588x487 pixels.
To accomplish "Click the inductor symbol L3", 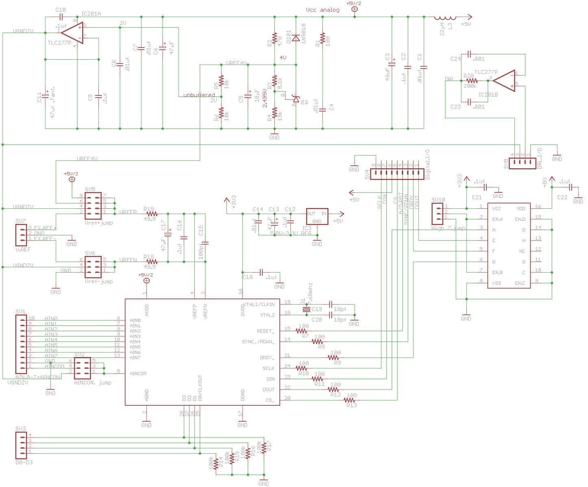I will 445,18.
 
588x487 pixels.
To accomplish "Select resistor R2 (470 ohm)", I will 275,39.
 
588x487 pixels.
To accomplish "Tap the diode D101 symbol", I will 296,38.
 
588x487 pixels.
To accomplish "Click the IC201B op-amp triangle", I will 504,80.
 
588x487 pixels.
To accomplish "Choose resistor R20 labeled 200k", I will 472,80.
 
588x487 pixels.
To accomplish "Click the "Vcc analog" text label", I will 322,10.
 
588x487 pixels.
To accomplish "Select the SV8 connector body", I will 522,163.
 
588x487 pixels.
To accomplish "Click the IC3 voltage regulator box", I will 317,217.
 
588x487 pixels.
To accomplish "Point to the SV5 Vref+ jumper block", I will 93,206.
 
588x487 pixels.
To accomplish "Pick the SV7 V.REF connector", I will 21,234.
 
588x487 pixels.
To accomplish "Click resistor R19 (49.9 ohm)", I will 152,213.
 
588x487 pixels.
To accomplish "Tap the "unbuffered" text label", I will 199,95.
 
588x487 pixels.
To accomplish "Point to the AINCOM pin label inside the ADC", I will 138,374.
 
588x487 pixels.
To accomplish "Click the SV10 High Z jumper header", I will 438,213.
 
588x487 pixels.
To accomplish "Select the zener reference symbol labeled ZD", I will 296,99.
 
